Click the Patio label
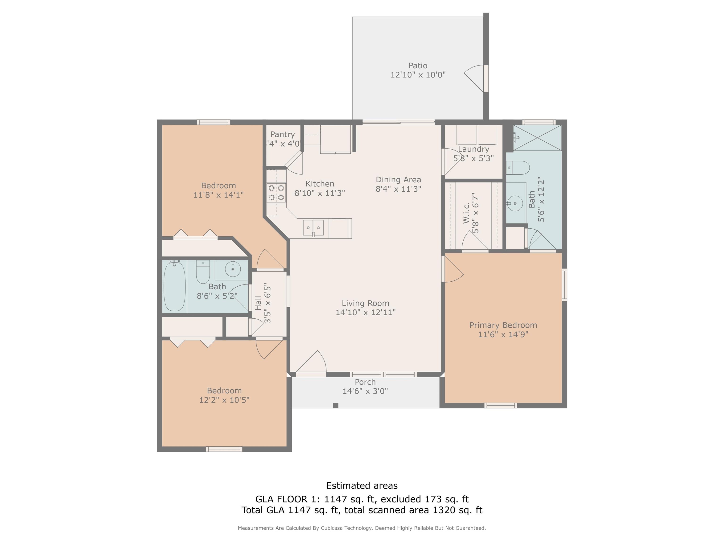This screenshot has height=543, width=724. [x=418, y=66]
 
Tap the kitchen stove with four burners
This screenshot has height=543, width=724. [x=276, y=193]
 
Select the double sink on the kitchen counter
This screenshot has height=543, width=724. [x=313, y=227]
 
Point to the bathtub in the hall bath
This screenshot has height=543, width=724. [x=174, y=285]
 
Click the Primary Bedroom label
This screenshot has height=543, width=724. [x=503, y=325]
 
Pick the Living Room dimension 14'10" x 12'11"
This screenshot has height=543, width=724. [x=366, y=312]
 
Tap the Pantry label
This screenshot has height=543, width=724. [x=283, y=134]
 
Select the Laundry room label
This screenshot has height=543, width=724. [x=473, y=149]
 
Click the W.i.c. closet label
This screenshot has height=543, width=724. [x=466, y=213]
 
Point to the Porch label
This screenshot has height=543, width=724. [x=365, y=382]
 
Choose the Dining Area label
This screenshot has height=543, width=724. [x=398, y=180]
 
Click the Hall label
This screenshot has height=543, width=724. [x=258, y=303]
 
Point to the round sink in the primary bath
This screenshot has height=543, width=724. [x=515, y=203]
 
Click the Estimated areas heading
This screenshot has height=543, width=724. [x=362, y=485]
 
